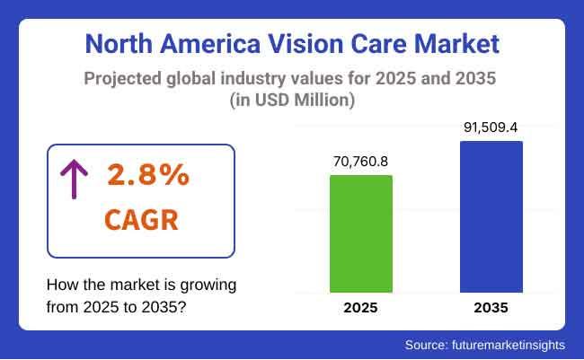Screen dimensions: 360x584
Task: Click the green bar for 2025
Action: [360, 233]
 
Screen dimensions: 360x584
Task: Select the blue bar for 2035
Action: [491, 216]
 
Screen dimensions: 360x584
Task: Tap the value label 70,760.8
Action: [360, 162]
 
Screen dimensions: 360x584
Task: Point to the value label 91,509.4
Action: [491, 127]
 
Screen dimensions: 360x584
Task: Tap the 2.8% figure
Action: [148, 176]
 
